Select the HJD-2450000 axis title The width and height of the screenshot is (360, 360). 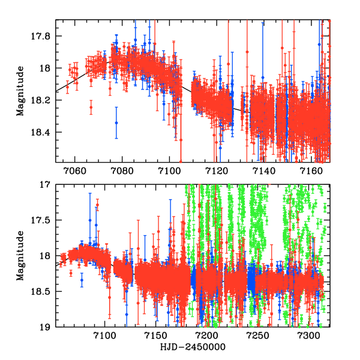point(193,347)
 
